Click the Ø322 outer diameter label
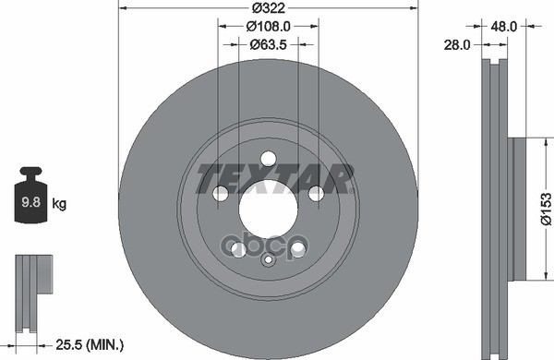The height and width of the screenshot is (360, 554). pyautogui.click(x=269, y=7)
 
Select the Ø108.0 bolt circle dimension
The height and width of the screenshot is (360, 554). pyautogui.click(x=268, y=26)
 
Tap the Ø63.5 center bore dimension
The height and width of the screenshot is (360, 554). pyautogui.click(x=268, y=44)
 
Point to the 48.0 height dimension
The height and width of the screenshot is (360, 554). pyautogui.click(x=503, y=26)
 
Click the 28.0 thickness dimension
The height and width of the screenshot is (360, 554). pyautogui.click(x=457, y=45)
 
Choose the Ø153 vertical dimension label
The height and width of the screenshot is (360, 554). pyautogui.click(x=546, y=209)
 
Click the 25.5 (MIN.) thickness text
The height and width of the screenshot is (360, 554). pyautogui.click(x=90, y=344)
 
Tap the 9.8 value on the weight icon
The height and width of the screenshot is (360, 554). pyautogui.click(x=31, y=202)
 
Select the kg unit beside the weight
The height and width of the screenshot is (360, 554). pyautogui.click(x=59, y=204)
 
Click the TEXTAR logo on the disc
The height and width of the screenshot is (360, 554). pyautogui.click(x=275, y=179)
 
